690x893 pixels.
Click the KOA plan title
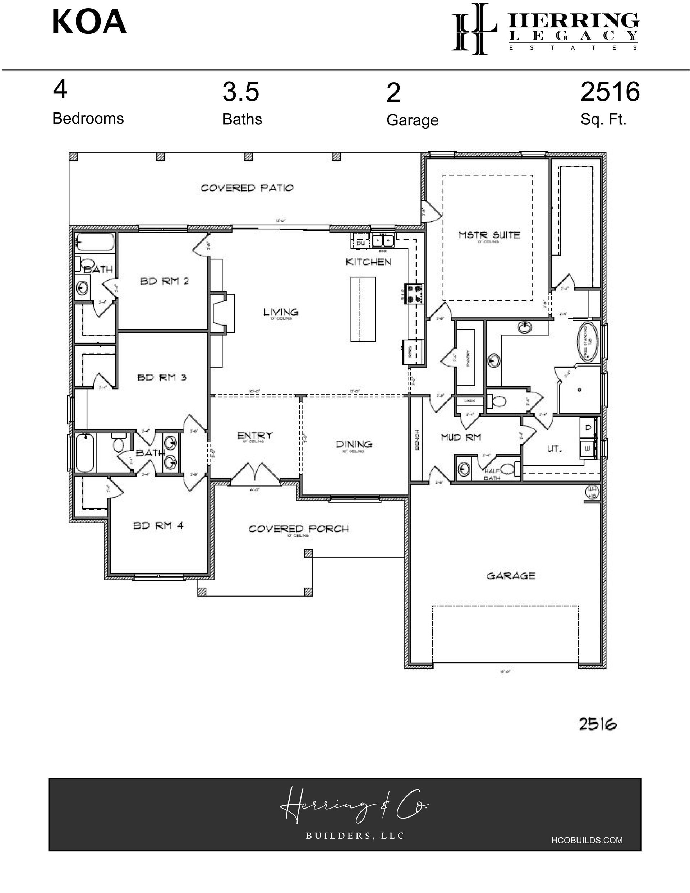click(89, 23)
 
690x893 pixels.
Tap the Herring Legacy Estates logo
click(545, 29)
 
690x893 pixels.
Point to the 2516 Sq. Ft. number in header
click(609, 92)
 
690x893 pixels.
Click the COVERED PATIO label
click(247, 188)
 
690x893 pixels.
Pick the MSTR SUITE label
click(489, 235)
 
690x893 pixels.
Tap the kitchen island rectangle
click(363, 309)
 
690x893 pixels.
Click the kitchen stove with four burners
click(414, 294)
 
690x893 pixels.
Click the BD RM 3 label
click(162, 377)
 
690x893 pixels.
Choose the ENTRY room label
click(255, 436)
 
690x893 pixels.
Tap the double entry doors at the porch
click(255, 474)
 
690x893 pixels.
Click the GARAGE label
click(510, 576)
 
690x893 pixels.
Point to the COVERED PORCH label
click(299, 529)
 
